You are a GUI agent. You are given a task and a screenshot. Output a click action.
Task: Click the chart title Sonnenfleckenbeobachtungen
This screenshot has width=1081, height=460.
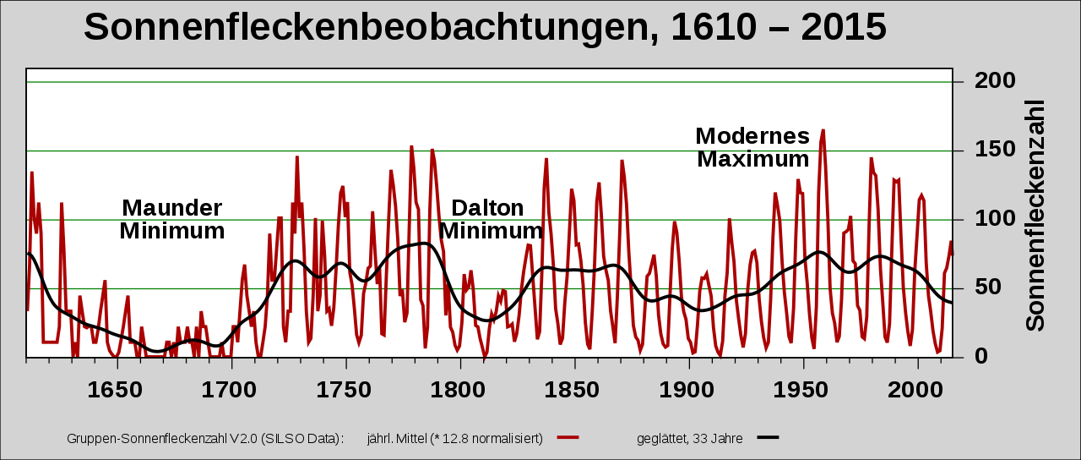pos(485,27)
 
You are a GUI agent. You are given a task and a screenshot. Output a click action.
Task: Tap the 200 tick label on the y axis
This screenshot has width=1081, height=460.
pos(994,81)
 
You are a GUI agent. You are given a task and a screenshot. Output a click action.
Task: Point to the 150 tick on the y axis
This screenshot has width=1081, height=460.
pos(994,150)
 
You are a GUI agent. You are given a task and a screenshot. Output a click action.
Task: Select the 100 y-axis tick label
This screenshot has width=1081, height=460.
pos(994,219)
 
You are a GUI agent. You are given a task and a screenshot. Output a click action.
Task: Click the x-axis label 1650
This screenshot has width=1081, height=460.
pos(116,390)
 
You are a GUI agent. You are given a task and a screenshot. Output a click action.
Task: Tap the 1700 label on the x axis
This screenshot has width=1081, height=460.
pos(230,390)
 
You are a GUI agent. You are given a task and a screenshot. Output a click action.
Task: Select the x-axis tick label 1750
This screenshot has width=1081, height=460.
pos(345,390)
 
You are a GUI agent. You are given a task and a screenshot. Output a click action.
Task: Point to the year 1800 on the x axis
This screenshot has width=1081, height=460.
pos(459,390)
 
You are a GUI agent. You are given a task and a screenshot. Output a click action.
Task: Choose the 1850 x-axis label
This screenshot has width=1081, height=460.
pos(574,390)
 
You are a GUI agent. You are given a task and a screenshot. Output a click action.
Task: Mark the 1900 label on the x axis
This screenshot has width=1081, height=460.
pos(688,390)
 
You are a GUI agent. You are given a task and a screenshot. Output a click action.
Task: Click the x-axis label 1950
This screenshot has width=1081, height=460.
pos(803,390)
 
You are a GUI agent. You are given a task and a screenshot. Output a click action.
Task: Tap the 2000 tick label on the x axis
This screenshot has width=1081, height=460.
pos(917,390)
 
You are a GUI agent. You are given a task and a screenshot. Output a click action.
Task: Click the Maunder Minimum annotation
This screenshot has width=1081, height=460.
pos(172,219)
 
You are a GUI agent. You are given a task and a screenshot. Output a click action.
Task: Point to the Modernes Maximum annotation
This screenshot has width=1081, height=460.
pos(752,147)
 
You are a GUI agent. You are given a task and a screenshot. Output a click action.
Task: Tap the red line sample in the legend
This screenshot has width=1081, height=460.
pos(568,437)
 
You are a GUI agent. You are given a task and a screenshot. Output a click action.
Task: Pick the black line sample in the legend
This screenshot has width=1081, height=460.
pos(768,437)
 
